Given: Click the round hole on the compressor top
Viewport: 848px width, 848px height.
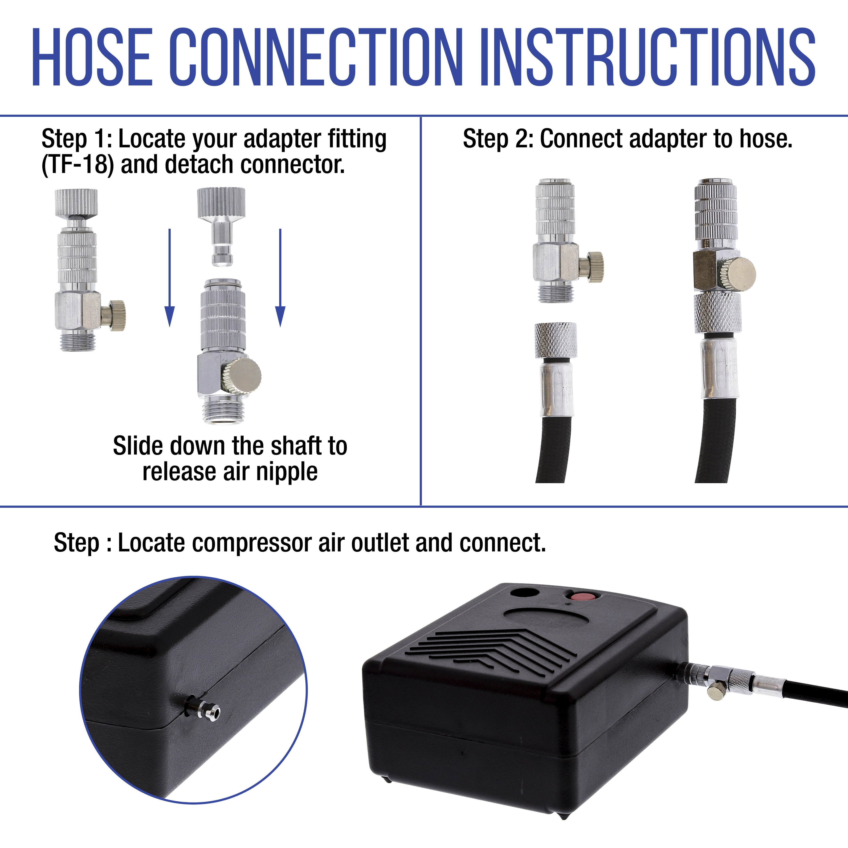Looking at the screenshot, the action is (525, 593).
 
